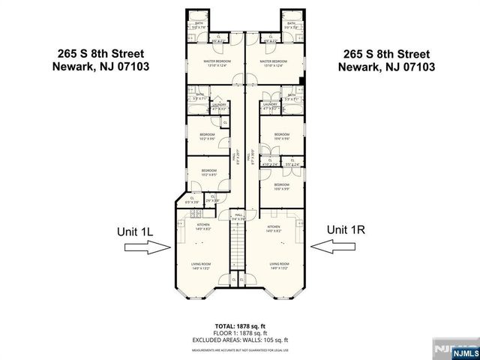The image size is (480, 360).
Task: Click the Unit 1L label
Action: pyautogui.click(x=135, y=232)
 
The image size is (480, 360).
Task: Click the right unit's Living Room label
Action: pyautogui.click(x=279, y=264)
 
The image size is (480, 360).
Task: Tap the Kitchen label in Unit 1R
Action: pyautogui.click(x=274, y=226)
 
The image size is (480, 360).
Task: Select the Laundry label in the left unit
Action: pyautogui.click(x=218, y=106)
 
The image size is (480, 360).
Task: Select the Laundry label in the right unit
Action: pyautogui.click(x=269, y=106)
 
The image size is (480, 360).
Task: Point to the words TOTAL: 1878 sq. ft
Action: pyautogui.click(x=240, y=326)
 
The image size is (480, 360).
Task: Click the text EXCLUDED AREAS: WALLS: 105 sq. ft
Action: pyautogui.click(x=240, y=339)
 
